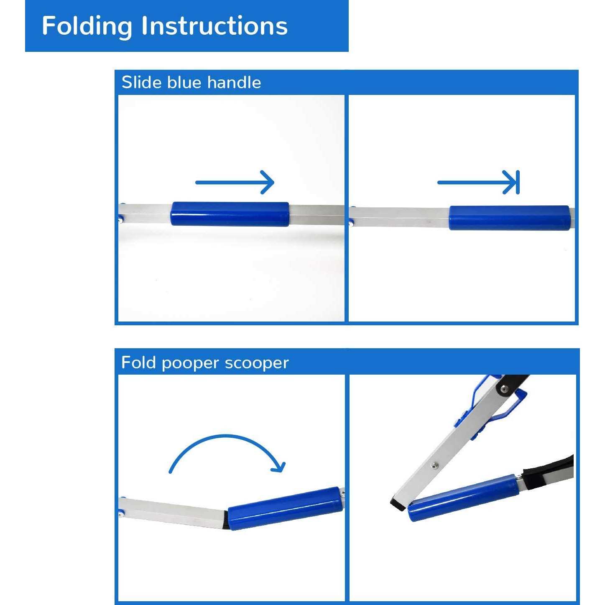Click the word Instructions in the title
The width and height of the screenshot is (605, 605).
point(214,26)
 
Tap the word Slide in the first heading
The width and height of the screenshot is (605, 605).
point(142,82)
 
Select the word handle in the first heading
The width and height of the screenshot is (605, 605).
point(234,82)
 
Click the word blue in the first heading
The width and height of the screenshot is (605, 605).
point(184,82)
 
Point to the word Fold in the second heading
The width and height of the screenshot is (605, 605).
point(138,362)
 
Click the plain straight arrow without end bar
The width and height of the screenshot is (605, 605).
point(235,182)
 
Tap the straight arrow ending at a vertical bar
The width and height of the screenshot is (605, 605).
point(478,182)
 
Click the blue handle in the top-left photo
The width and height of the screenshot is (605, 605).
point(230,214)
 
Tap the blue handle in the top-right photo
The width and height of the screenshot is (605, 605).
point(509,217)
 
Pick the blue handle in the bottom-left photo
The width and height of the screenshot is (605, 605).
point(285,508)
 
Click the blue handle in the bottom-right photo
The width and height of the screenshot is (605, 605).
point(463,498)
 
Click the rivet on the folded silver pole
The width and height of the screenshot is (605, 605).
point(434,465)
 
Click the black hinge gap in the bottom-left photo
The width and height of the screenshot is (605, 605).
point(226,520)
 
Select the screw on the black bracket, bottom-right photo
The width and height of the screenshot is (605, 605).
point(504,389)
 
